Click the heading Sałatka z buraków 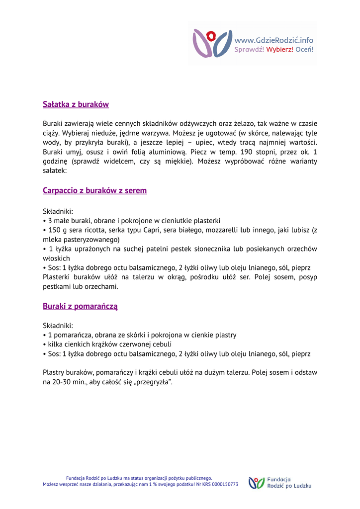pyautogui.click(x=76, y=104)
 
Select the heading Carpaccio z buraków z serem pyautogui.click(x=94, y=190)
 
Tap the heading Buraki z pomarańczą pyautogui.click(x=80, y=306)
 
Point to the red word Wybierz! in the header pyautogui.click(x=279, y=49)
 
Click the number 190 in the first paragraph pyautogui.click(x=247, y=152)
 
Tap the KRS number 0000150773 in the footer pyautogui.click(x=221, y=484)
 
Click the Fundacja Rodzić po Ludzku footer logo pyautogui.click(x=280, y=482)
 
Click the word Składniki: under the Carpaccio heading pyautogui.click(x=58, y=211)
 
